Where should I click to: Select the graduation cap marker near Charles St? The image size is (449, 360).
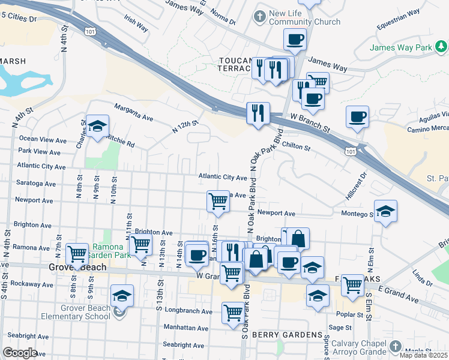pyautogui.click(x=96, y=127)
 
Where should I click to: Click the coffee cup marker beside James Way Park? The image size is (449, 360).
pyautogui.click(x=357, y=116)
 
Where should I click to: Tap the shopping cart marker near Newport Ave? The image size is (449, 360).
pyautogui.click(x=218, y=201)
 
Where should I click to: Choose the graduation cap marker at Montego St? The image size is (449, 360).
pyautogui.click(x=385, y=211)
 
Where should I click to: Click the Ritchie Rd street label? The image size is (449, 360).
pyautogui.click(x=119, y=141)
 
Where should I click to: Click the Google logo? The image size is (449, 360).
pyautogui.click(x=20, y=353)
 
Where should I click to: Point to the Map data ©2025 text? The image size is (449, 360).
pyautogui.click(x=423, y=355)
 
